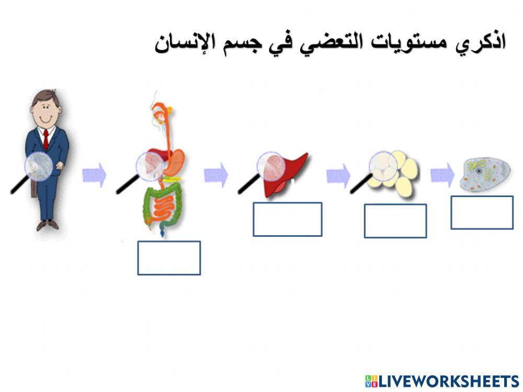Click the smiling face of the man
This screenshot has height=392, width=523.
(46, 114)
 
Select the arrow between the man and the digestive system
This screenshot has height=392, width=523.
(94, 175)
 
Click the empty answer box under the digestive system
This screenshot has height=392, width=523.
(169, 258)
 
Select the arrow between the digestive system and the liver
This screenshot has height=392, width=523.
(215, 174)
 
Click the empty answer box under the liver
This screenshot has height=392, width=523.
(287, 219)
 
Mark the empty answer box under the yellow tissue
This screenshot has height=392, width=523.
(395, 221)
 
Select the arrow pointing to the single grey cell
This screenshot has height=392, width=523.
(442, 175)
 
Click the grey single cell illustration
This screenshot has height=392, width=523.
(484, 175)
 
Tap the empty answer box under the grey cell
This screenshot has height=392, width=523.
(482, 212)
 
